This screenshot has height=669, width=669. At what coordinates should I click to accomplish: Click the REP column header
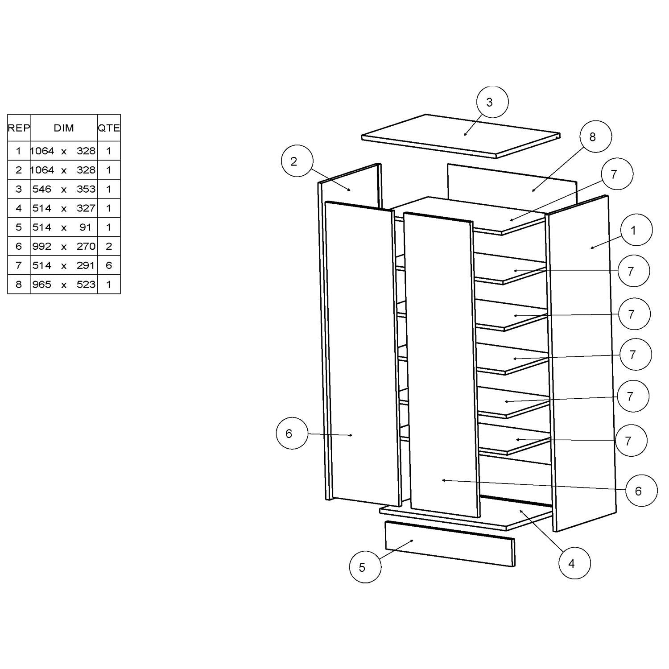(x=19, y=128)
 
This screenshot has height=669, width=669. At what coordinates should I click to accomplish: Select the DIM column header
(x=64, y=128)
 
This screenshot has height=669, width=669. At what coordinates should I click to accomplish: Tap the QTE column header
(x=109, y=128)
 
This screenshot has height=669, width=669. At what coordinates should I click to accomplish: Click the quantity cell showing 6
(x=109, y=265)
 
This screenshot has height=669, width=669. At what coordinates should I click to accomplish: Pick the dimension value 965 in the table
(x=42, y=285)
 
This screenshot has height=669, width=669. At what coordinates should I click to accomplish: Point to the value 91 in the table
(x=85, y=227)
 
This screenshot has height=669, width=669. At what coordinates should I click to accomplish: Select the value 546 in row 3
(x=42, y=189)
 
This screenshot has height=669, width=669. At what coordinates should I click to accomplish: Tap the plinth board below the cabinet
(x=448, y=544)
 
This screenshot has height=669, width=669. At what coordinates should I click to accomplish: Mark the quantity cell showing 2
(x=109, y=246)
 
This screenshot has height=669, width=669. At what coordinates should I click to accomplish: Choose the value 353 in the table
(x=86, y=189)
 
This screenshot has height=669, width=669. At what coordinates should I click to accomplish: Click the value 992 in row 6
(x=42, y=246)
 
